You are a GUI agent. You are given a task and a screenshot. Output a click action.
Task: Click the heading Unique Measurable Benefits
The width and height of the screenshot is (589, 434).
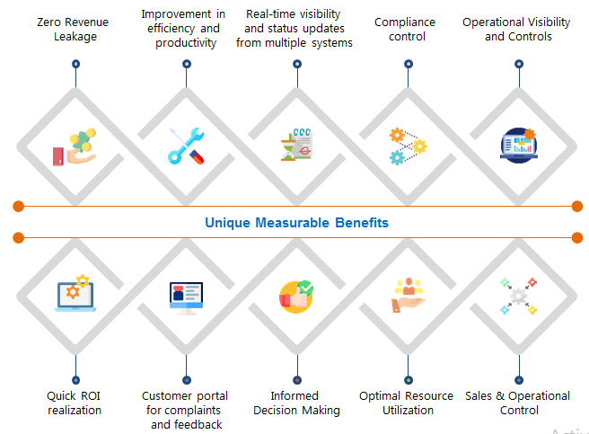(296, 222)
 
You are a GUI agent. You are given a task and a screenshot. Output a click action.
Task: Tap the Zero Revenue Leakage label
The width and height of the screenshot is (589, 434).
(75, 29)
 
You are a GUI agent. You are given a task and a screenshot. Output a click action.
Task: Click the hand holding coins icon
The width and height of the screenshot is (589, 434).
(74, 146)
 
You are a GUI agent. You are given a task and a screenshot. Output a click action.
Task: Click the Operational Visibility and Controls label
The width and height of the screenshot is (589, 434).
(519, 29)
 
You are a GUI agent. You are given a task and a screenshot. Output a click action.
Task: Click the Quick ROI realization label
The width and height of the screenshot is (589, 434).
(75, 403)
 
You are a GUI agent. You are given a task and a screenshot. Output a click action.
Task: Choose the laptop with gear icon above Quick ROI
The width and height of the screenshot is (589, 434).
(75, 294)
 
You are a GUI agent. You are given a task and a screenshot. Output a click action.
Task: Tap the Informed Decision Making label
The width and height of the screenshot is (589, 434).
(296, 403)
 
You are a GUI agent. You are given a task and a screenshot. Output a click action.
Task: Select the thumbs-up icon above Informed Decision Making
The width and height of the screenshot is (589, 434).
(296, 297)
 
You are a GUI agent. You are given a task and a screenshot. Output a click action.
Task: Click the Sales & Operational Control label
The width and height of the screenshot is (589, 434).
(517, 403)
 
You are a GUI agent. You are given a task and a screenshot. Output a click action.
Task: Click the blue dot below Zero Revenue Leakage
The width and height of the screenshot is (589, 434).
(75, 64)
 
